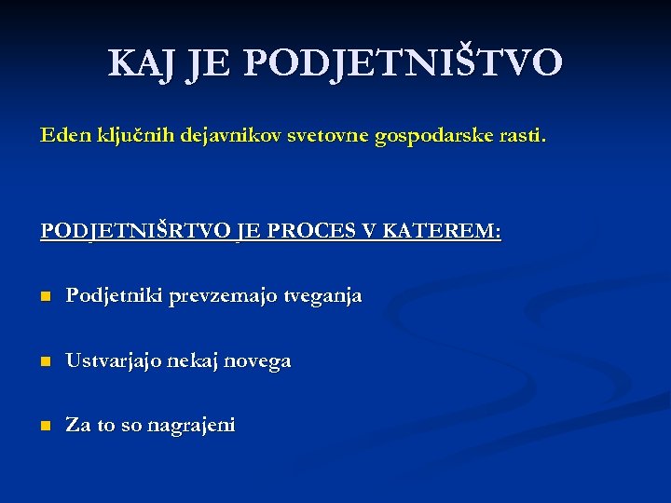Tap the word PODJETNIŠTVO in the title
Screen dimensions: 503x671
(404, 62)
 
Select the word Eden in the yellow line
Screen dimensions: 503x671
(62, 136)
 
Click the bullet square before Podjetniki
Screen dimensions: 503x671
(45, 297)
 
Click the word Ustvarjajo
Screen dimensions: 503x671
(113, 361)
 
